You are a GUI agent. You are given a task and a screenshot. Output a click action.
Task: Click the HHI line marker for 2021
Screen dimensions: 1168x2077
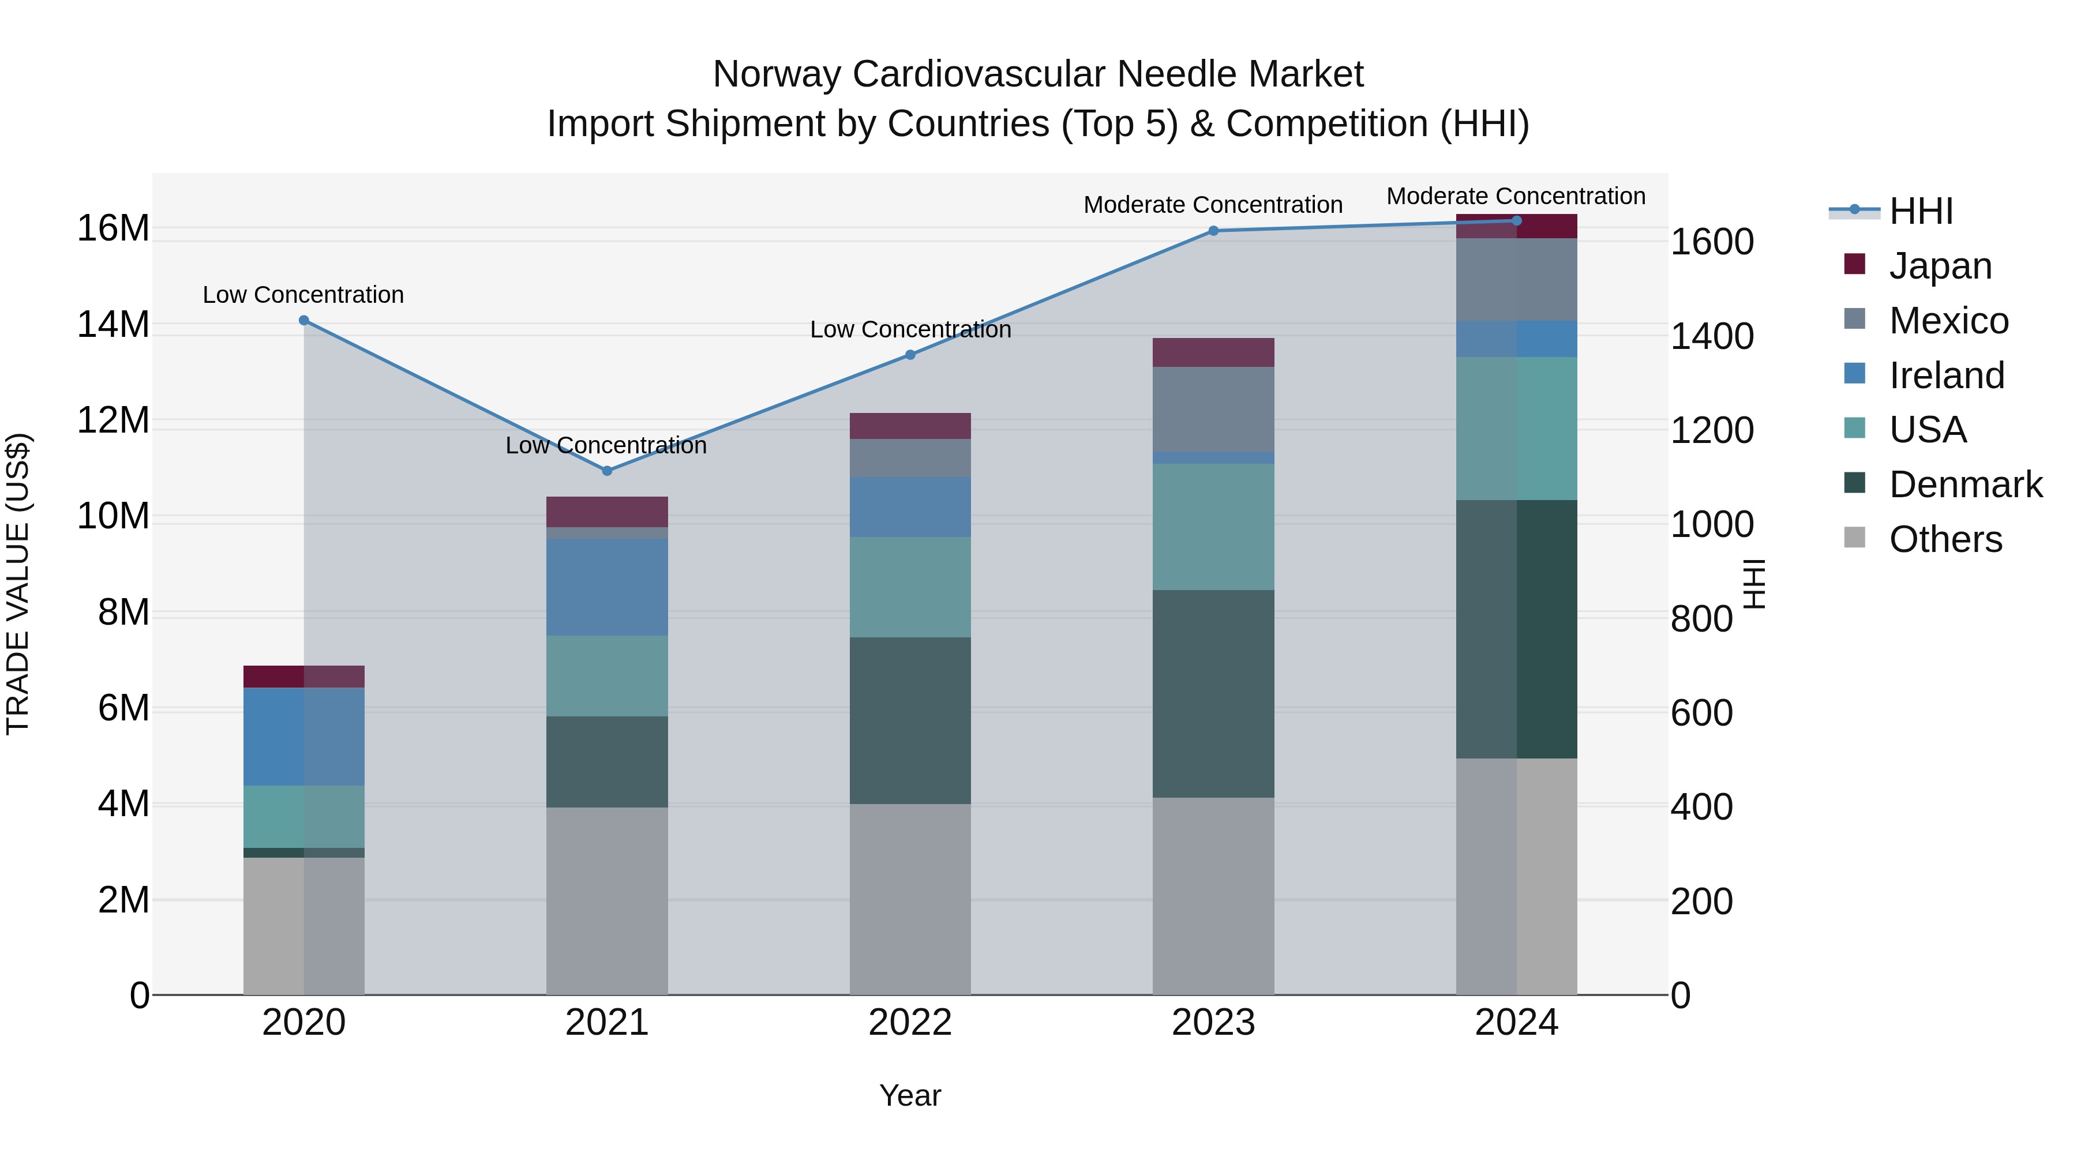pyautogui.click(x=607, y=471)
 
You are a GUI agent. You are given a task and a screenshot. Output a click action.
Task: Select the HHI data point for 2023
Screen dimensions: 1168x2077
pyautogui.click(x=1213, y=231)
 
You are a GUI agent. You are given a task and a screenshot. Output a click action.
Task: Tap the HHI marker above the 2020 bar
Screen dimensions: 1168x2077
pyautogui.click(x=304, y=320)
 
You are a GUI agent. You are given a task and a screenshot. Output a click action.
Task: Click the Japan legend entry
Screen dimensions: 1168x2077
pyautogui.click(x=1940, y=266)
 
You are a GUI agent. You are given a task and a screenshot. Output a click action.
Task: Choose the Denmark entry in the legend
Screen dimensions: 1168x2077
pyautogui.click(x=1965, y=485)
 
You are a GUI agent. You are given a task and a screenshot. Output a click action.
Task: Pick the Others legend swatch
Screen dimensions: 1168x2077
pyautogui.click(x=1854, y=538)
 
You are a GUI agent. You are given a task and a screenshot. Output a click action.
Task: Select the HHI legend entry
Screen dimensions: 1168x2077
pyautogui.click(x=1921, y=211)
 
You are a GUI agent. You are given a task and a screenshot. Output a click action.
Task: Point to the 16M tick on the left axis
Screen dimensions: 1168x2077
pyautogui.click(x=113, y=228)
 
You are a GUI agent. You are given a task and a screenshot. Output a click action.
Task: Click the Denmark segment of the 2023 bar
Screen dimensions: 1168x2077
pyautogui.click(x=1213, y=693)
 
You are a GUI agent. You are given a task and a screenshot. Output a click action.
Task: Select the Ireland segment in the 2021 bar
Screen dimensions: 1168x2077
pyautogui.click(x=607, y=587)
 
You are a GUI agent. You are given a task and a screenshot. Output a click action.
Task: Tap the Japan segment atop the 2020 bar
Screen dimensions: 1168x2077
pyautogui.click(x=304, y=677)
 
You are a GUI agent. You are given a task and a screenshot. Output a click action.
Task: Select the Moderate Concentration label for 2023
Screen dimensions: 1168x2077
pyautogui.click(x=1213, y=205)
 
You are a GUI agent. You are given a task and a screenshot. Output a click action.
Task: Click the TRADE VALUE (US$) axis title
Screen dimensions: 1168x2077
pyautogui.click(x=18, y=584)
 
